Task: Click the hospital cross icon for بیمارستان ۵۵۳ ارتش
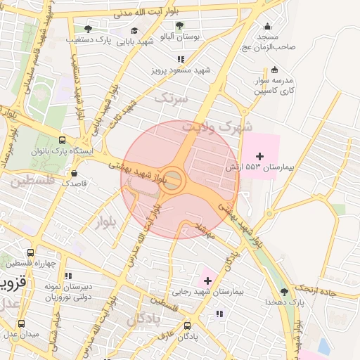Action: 260,155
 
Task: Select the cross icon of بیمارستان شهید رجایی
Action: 207,281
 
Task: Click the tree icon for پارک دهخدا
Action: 284,291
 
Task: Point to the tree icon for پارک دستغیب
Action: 88,29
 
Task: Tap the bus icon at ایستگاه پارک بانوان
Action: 63,140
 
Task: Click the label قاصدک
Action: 75,182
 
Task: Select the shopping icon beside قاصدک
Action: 75,172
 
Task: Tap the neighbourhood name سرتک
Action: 172,98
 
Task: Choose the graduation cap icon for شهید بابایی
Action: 134,30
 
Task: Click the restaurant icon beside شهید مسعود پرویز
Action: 181,60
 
